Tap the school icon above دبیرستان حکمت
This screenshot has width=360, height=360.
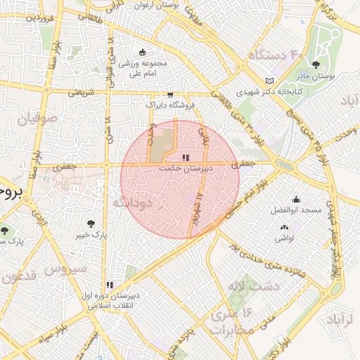185,158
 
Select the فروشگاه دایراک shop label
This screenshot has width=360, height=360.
169,105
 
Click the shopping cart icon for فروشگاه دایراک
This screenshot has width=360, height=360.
169,94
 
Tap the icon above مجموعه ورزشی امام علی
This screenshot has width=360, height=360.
143,52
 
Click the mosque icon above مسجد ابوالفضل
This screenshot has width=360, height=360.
296,199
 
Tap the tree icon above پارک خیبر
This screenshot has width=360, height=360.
90,224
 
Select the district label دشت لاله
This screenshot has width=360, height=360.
253,285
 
